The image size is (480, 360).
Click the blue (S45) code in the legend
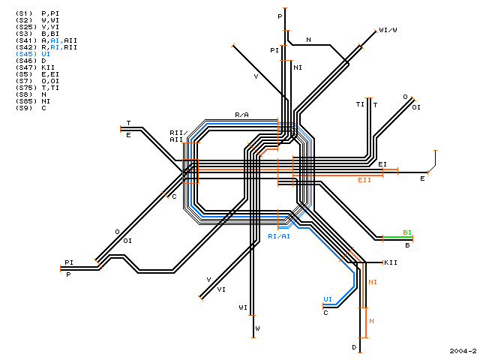(x=26, y=54)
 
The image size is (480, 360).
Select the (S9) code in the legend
(x=24, y=108)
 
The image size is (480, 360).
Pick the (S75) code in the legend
(x=26, y=88)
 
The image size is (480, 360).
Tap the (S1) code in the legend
(x=24, y=13)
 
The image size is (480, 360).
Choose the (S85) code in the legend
(x=26, y=101)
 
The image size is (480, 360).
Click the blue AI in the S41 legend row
(x=55, y=40)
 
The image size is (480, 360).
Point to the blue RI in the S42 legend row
(x=55, y=47)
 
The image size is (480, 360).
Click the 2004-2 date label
(x=463, y=351)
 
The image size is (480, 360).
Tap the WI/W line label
(x=388, y=30)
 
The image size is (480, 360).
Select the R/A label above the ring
(x=241, y=115)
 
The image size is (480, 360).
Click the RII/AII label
(x=178, y=136)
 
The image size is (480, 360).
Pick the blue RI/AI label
(x=279, y=236)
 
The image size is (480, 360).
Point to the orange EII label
(x=364, y=180)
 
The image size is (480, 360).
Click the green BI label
(x=407, y=232)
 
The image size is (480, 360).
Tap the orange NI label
(x=373, y=282)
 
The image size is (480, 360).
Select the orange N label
(x=372, y=321)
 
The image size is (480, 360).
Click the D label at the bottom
(x=354, y=347)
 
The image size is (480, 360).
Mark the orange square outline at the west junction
(x=190, y=160)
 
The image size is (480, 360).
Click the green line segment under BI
(x=398, y=237)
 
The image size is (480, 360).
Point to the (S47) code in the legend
(x=26, y=67)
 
